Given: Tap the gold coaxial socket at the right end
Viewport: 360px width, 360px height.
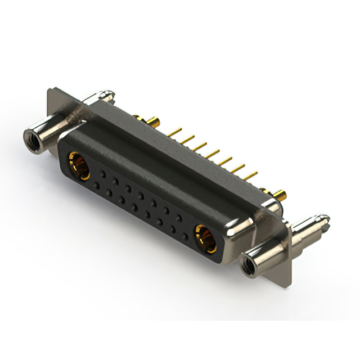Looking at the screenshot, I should coord(205,236).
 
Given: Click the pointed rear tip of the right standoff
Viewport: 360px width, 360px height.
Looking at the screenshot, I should coord(325,217).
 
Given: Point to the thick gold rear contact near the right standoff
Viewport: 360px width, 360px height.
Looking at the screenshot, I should coord(280,196).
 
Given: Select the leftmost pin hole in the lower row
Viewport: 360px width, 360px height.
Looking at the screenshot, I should coord(97,184).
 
